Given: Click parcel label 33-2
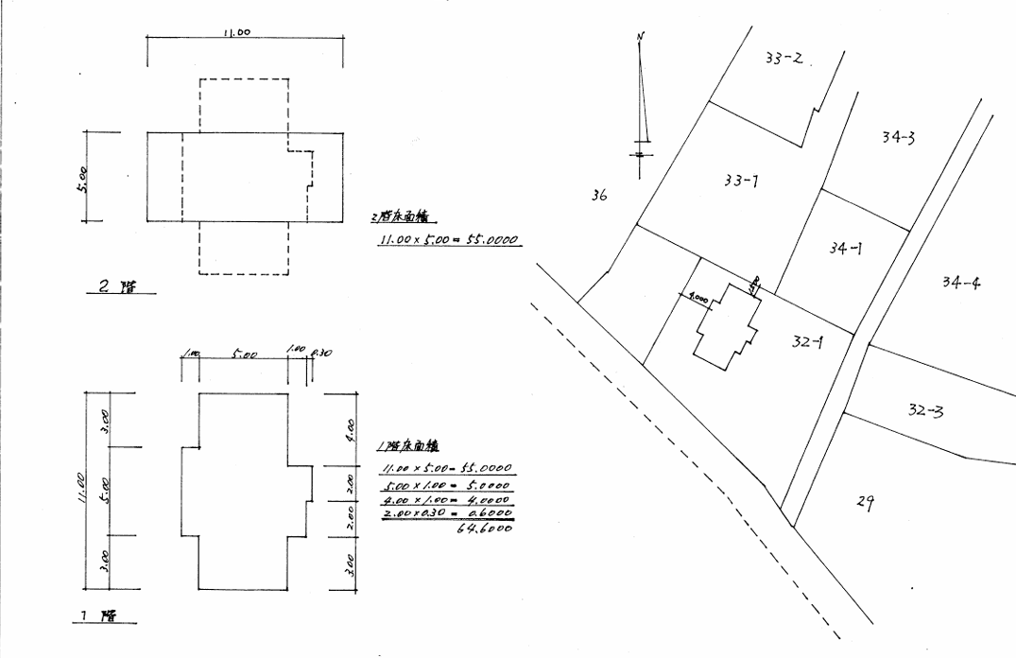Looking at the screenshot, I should [x=784, y=59].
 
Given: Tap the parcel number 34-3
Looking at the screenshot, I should [x=897, y=138].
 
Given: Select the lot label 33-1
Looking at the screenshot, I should [x=740, y=181].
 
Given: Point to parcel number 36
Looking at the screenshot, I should [x=598, y=196].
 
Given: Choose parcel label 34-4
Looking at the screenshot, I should [x=960, y=282].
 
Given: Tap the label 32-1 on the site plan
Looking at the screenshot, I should [x=808, y=342].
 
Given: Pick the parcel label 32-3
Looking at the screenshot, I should [x=924, y=410].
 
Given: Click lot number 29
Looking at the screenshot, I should [x=864, y=503].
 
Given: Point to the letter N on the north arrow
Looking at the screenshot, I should [x=641, y=38].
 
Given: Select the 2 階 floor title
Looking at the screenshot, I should [x=117, y=287].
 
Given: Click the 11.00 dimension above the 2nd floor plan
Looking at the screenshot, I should [x=236, y=32].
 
